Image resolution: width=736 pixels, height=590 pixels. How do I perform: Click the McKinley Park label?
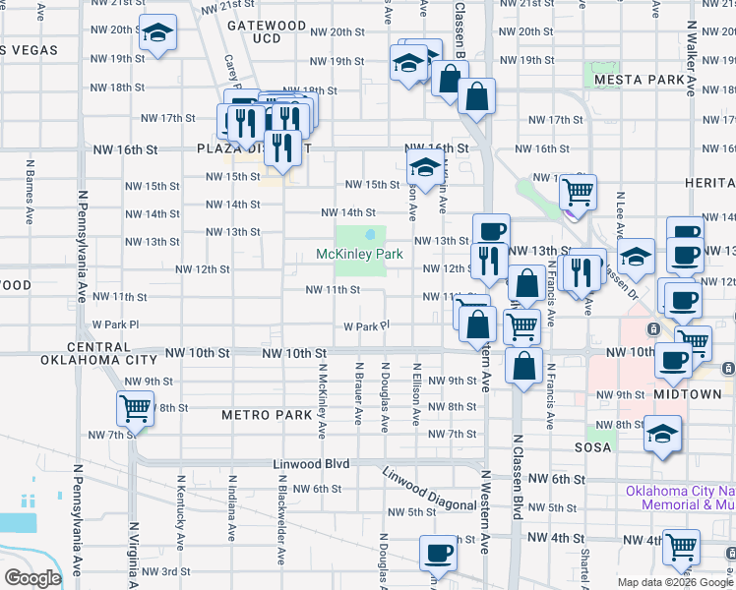tap(360, 255)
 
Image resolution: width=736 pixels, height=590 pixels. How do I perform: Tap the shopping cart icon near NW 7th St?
tap(134, 407)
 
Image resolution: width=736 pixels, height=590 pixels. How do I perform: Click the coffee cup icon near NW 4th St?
tap(437, 554)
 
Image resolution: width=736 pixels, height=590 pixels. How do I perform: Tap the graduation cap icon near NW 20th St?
tap(157, 34)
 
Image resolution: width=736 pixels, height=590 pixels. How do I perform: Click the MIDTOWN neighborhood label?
tap(689, 394)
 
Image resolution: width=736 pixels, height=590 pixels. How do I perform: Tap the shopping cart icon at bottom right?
tap(681, 546)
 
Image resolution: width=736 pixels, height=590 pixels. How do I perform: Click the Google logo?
tap(32, 578)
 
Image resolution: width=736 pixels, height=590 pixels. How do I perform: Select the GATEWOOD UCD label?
tap(267, 31)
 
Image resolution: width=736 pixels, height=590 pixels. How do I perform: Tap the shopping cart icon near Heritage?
tap(578, 190)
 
